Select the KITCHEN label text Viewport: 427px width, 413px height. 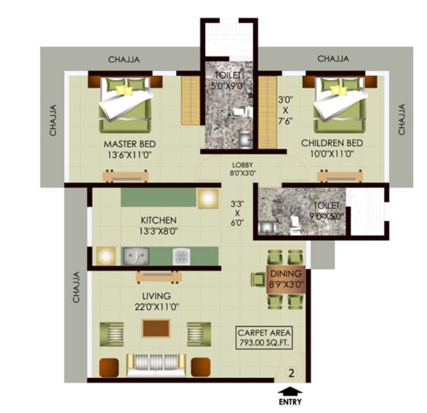tap(159, 220)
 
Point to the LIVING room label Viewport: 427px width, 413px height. tap(156, 296)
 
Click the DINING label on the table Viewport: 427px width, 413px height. tap(286, 274)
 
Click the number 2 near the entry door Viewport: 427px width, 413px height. tap(292, 374)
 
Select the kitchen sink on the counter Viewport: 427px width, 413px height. tap(137, 255)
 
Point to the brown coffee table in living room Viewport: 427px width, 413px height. tap(156, 328)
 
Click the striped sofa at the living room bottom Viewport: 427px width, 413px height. tap(155, 364)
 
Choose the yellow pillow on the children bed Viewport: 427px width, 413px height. tap(338, 90)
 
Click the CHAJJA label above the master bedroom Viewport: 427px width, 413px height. tap(124, 59)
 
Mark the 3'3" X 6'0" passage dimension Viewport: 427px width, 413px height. tap(237, 212)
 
